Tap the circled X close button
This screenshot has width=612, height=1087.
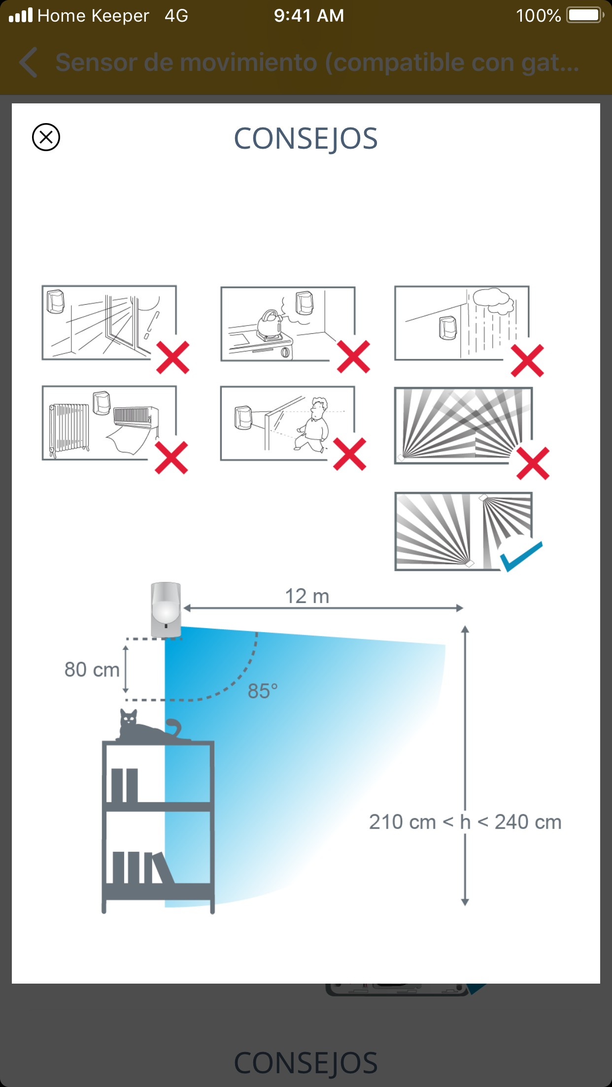(x=46, y=137)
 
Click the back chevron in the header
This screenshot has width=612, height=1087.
(x=29, y=63)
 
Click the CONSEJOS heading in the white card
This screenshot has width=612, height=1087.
(x=306, y=138)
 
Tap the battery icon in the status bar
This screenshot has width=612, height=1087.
(x=585, y=15)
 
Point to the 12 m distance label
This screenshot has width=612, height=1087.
(x=307, y=596)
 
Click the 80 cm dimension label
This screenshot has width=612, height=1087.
(x=92, y=670)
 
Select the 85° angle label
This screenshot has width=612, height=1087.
(x=263, y=691)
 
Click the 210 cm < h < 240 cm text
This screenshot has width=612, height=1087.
(x=465, y=822)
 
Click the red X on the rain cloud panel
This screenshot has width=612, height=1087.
(x=527, y=360)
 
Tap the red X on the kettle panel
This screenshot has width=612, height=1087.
(x=353, y=356)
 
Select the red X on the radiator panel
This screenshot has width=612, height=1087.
(x=171, y=457)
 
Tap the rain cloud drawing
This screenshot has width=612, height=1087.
(x=493, y=301)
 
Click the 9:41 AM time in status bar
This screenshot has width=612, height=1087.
(x=309, y=16)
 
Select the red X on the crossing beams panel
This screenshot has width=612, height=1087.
(x=533, y=463)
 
